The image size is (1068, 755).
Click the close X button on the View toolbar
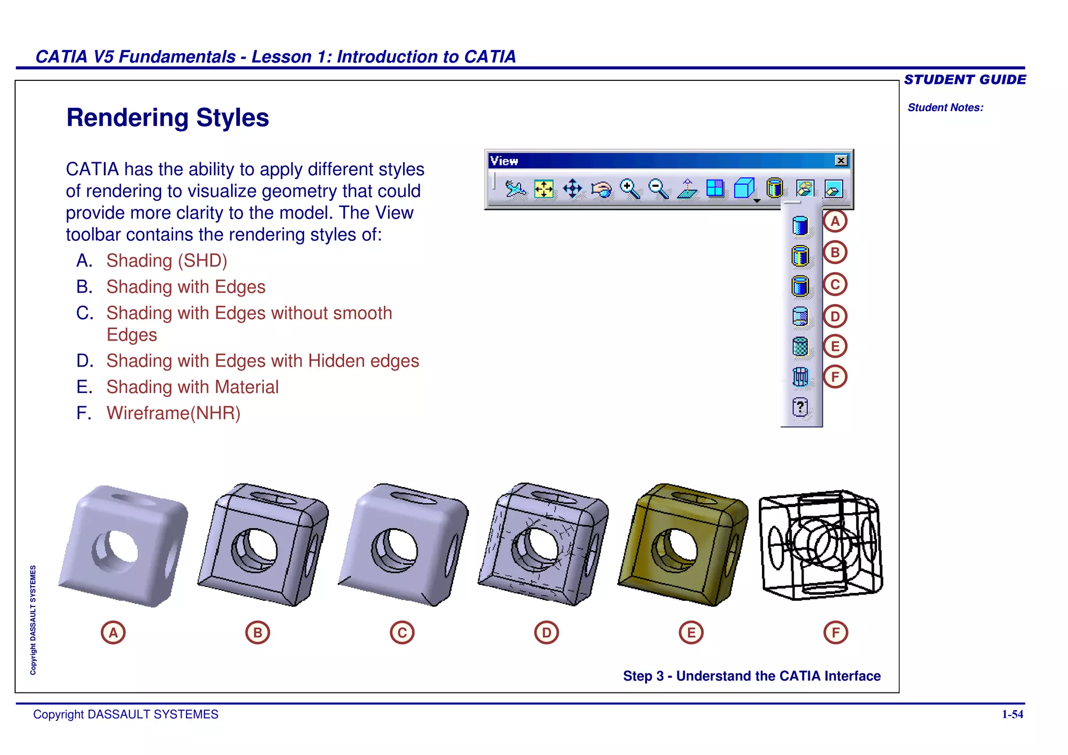point(841,161)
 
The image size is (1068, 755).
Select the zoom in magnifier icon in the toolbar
point(629,188)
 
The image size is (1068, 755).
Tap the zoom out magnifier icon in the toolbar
point(658,188)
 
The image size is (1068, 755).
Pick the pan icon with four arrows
point(573,189)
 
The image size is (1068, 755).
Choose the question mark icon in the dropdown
point(800,407)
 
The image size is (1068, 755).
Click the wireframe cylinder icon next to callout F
point(800,376)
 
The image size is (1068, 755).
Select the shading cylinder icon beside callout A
point(800,226)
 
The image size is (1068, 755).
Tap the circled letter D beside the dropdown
point(835,316)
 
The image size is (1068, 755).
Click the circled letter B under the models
point(258,632)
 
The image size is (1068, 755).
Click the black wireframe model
point(821,545)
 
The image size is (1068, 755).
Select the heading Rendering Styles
point(167,118)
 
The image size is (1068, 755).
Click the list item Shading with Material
point(192,387)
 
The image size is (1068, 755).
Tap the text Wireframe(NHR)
point(173,413)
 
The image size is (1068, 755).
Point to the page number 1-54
point(1012,714)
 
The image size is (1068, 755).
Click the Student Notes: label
point(945,107)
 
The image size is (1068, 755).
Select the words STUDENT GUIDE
point(965,80)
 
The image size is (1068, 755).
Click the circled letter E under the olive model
point(691,632)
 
